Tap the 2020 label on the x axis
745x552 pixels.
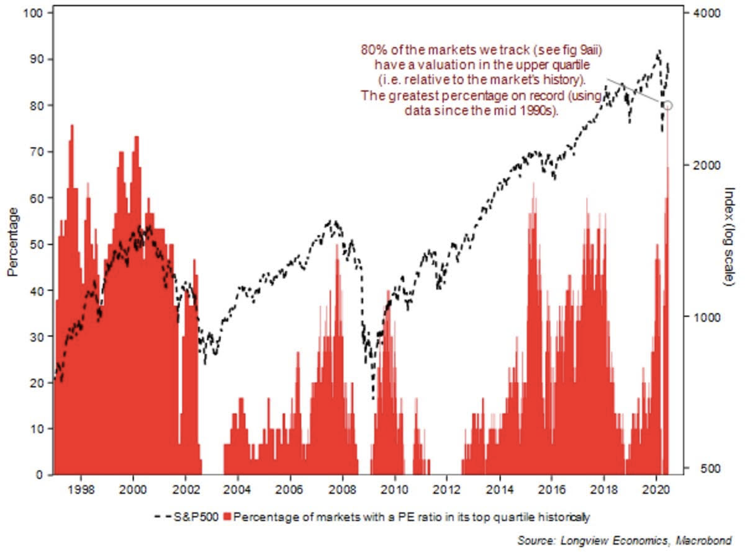(x=657, y=488)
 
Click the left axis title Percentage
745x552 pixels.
(x=13, y=242)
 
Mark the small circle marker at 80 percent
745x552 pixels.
(x=667, y=105)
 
